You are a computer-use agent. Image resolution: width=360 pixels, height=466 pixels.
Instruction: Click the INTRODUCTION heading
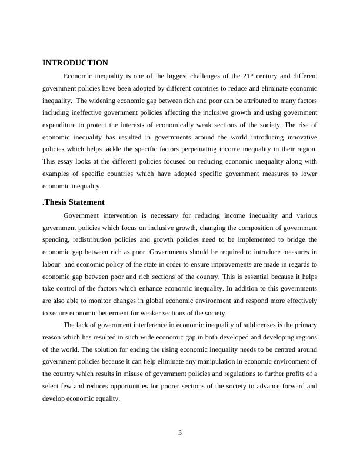[x=75, y=62]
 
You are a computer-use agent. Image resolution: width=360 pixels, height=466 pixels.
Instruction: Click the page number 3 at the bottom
[x=180, y=433]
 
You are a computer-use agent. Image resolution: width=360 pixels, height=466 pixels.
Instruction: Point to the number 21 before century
[x=246, y=76]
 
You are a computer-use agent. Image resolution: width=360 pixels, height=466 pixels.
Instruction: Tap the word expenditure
[x=61, y=125]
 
